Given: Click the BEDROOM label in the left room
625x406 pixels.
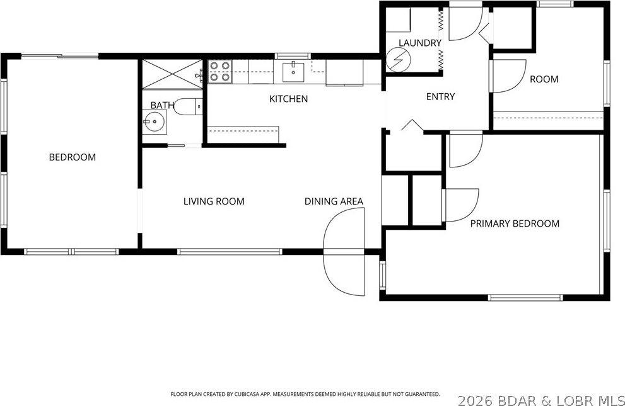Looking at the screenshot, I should pos(73,157).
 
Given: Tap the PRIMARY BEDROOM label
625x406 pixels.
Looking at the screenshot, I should pos(515,223).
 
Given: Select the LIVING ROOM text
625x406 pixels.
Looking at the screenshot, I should pos(214,201).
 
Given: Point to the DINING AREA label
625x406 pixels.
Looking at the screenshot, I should pos(334,201).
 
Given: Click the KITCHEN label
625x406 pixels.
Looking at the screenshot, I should pos(288,99).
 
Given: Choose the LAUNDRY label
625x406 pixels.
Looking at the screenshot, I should pos(419,43).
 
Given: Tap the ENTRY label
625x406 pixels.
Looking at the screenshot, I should pos(440,96).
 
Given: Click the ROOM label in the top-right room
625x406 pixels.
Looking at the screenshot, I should pos(544,79).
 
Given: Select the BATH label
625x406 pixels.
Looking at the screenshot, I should pos(161,105).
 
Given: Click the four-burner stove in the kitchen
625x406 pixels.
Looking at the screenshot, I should pos(220,72).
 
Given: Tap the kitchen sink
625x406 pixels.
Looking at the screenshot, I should pos(294,72).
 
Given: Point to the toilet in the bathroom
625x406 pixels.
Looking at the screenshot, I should pos(185,107).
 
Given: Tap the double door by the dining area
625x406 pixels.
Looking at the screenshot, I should pos(344,252).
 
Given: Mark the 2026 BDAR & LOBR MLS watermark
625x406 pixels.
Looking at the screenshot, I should pos(540,399).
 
